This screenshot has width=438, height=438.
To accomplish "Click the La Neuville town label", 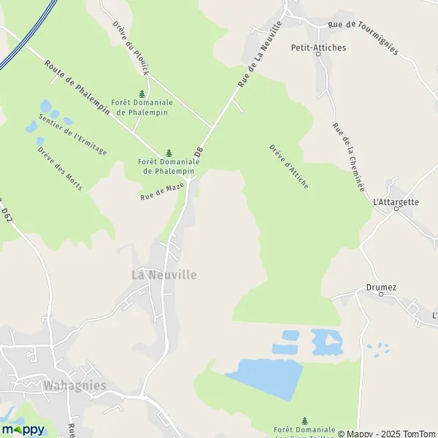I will coord(164,274).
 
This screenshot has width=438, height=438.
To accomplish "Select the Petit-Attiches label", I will coord(318,48).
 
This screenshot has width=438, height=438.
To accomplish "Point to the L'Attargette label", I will coord(396,201).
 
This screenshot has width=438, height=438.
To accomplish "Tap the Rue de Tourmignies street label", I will coord(362,37).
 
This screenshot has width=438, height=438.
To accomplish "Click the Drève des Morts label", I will coord(59,169).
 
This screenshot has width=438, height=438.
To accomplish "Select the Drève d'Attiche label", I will coord(288,166).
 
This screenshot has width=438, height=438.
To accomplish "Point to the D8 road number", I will coord(198,154).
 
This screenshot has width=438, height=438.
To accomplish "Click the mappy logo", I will coord(23,429).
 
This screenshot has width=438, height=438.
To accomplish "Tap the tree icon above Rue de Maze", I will coord(169,153).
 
